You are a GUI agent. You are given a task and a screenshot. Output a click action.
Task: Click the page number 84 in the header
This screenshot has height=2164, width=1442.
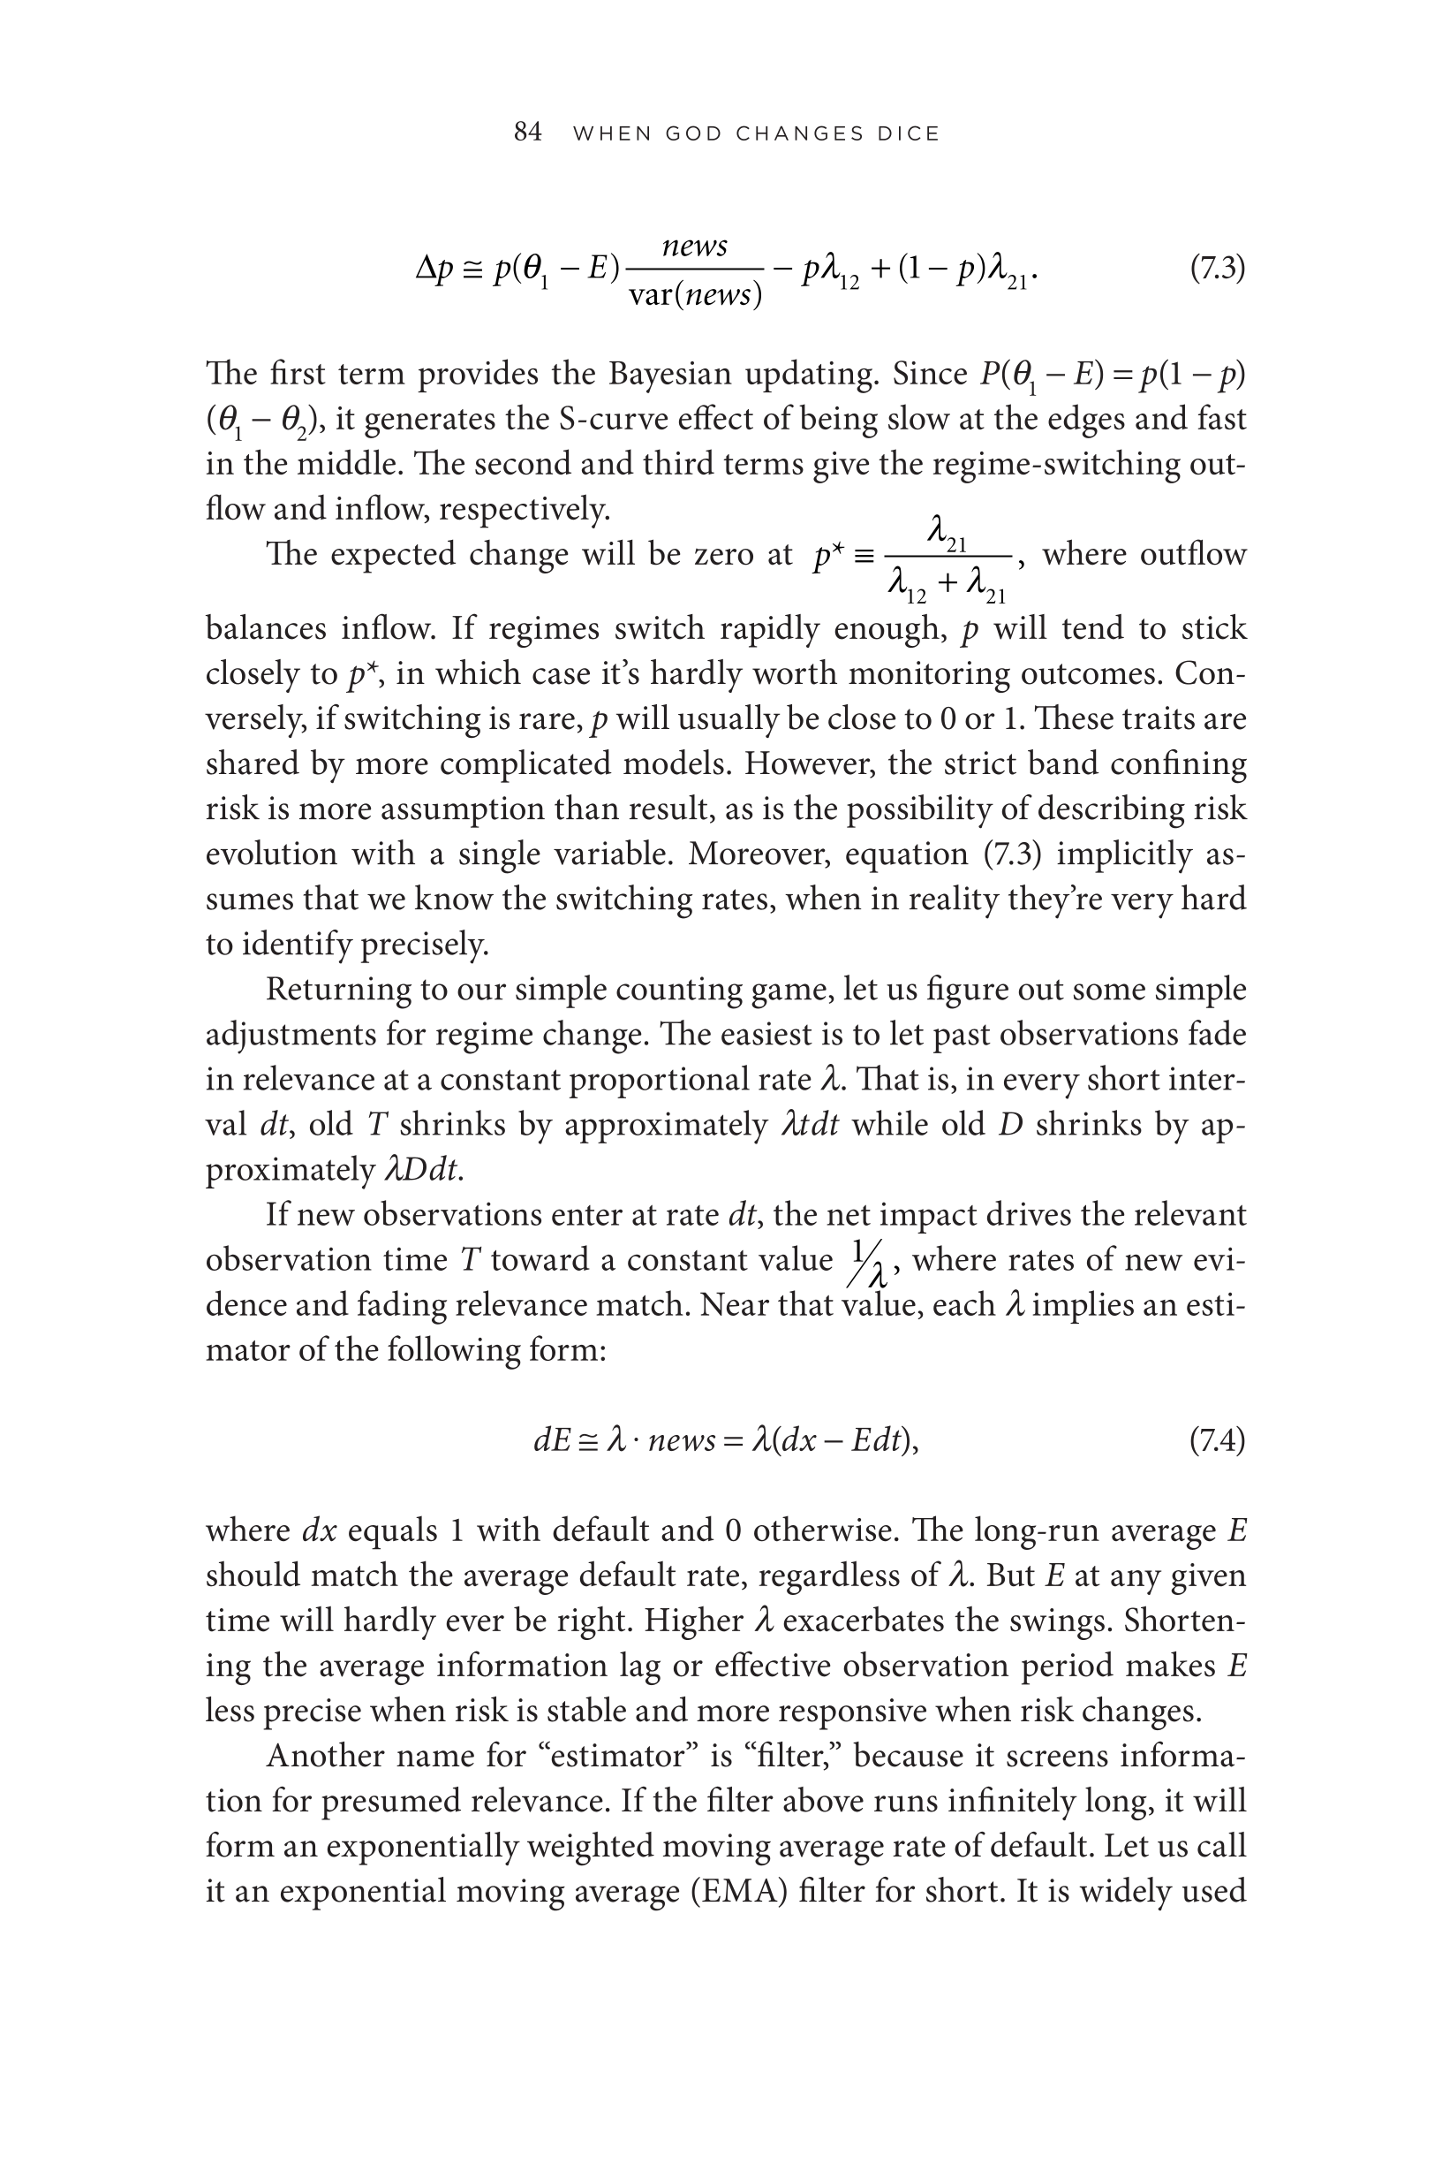[527, 133]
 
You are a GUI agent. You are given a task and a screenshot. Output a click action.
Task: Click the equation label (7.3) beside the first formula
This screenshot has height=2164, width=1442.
[1217, 269]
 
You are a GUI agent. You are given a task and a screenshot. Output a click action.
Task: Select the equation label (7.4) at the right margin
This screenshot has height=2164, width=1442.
[1217, 1440]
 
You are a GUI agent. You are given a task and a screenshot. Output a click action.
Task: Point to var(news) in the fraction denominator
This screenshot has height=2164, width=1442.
[695, 295]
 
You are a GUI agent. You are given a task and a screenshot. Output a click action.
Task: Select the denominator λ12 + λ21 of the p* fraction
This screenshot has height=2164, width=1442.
[947, 586]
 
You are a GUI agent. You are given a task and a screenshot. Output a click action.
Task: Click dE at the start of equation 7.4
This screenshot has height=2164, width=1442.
[553, 1440]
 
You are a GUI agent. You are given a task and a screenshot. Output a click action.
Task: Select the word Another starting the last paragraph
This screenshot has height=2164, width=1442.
[324, 1756]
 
